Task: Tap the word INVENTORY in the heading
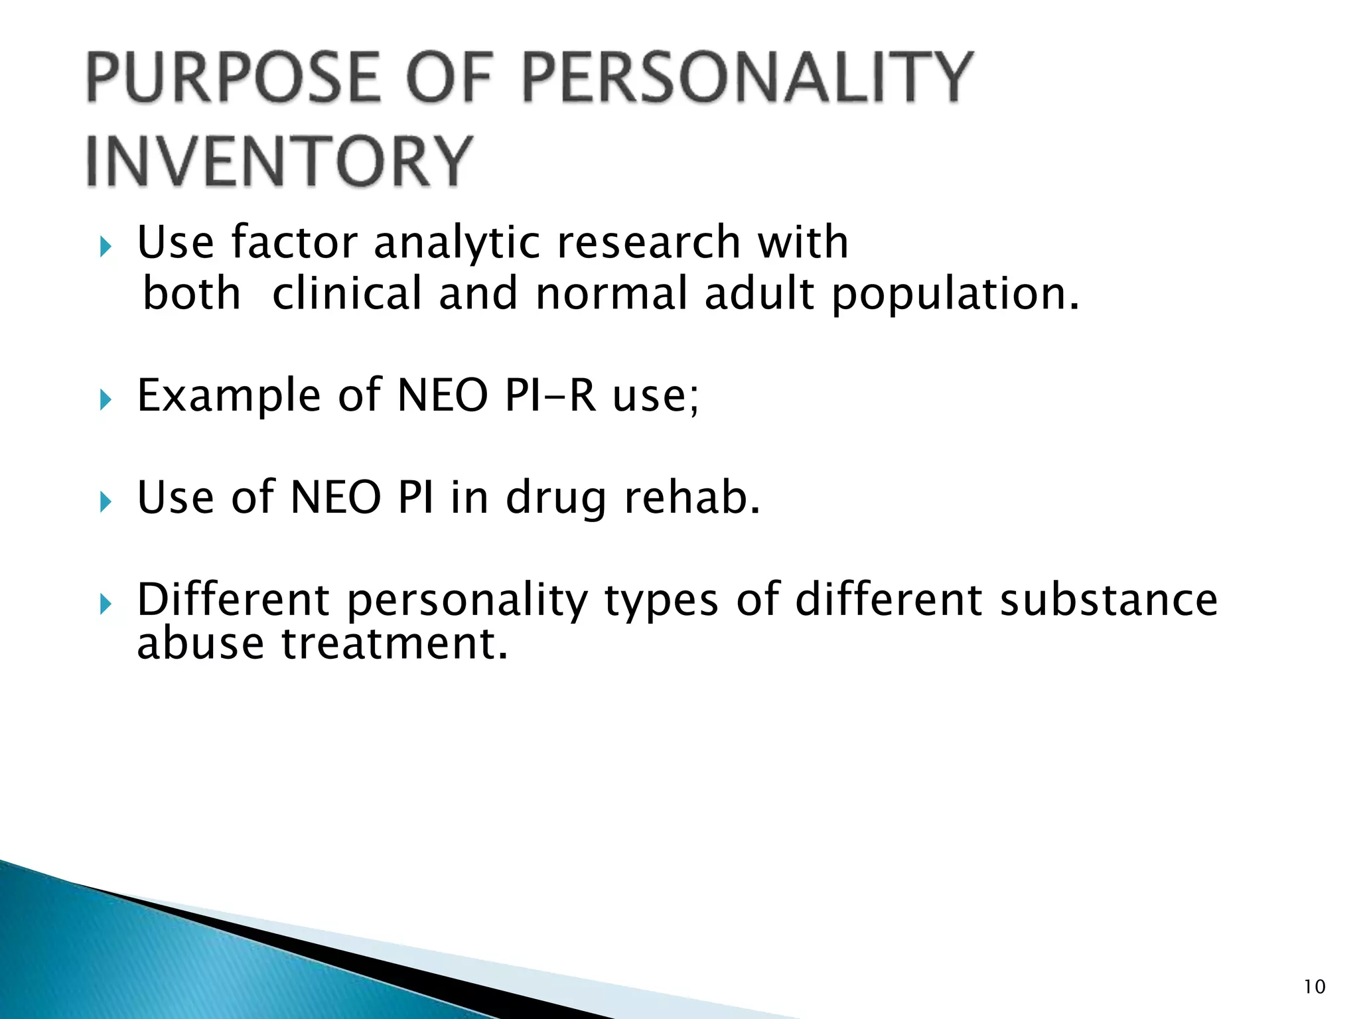pyautogui.click(x=279, y=162)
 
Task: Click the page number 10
pyautogui.click(x=1315, y=987)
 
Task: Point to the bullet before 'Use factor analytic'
pyautogui.click(x=106, y=248)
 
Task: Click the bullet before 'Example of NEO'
pyautogui.click(x=106, y=400)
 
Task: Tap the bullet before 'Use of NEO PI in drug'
pyautogui.click(x=106, y=502)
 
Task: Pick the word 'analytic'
pyautogui.click(x=457, y=243)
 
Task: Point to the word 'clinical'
pyautogui.click(x=347, y=294)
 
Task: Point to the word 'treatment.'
pyautogui.click(x=395, y=644)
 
